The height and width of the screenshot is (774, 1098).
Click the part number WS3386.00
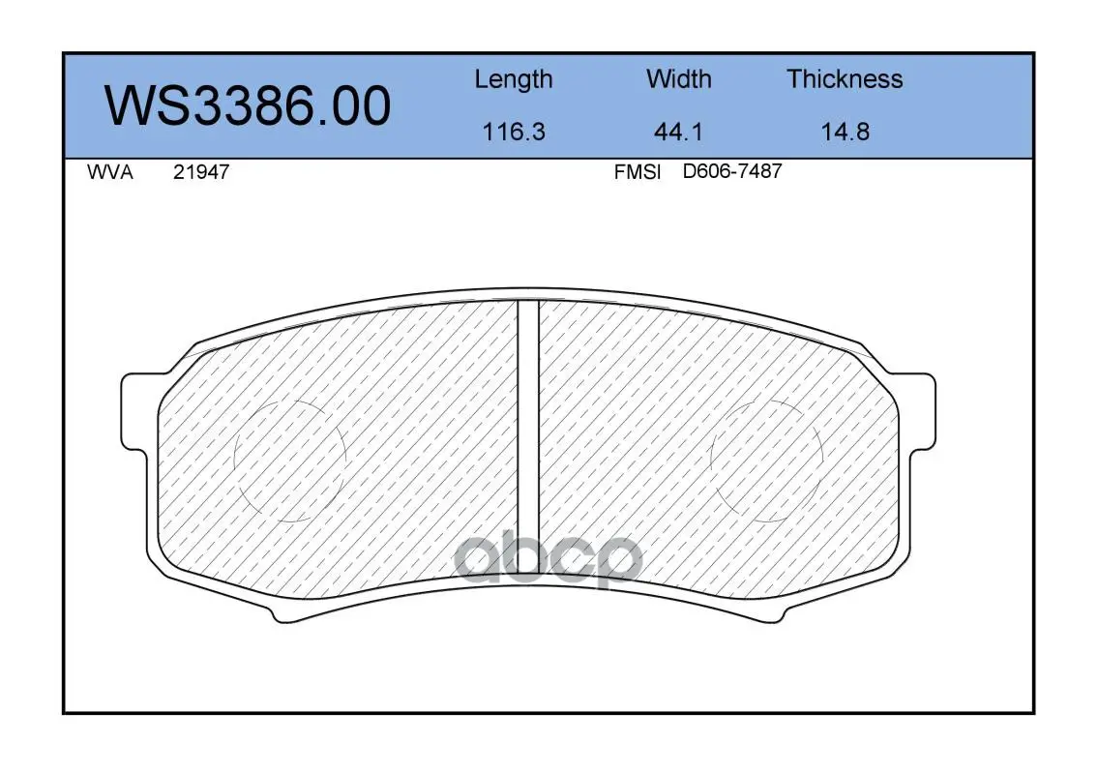click(x=248, y=105)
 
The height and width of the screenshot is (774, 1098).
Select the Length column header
click(x=514, y=80)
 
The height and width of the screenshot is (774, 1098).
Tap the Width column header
click(x=678, y=78)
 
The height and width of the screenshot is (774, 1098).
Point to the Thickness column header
click(x=845, y=78)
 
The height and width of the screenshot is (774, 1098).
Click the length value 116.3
click(x=514, y=132)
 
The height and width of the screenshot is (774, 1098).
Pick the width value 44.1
click(x=678, y=132)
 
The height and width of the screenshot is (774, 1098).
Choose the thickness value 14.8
click(x=846, y=132)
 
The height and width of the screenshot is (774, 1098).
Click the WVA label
click(x=110, y=172)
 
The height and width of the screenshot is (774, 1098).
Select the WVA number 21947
click(x=201, y=172)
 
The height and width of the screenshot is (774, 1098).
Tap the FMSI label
click(x=638, y=172)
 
